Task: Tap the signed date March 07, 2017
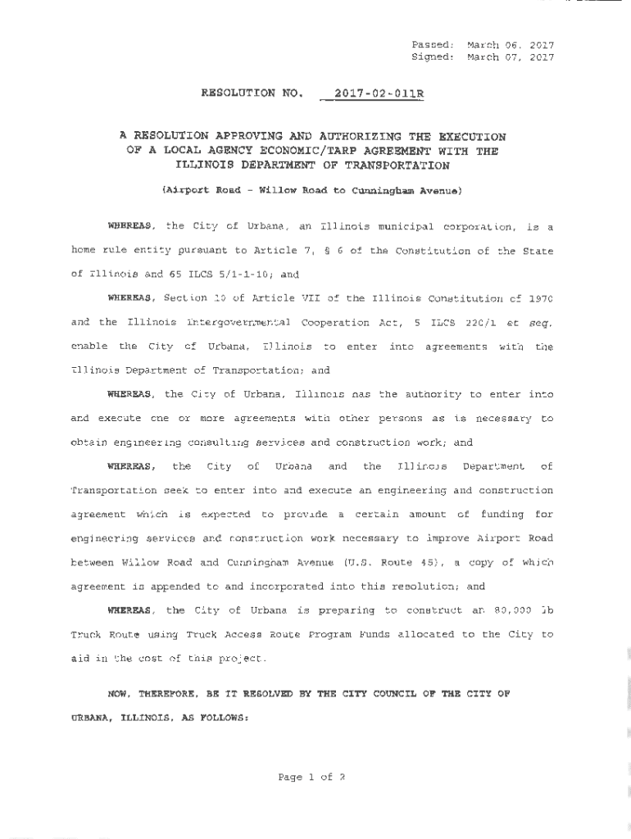(x=511, y=57)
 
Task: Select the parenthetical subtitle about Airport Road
(x=312, y=191)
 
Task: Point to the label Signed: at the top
(x=432, y=57)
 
